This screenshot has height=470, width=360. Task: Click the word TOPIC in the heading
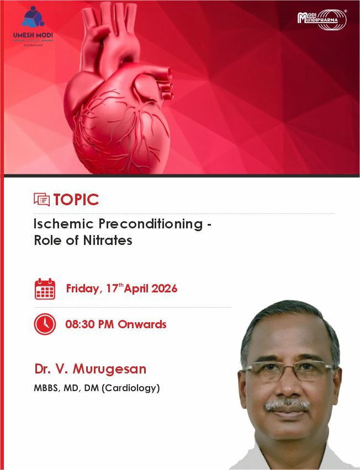(x=76, y=200)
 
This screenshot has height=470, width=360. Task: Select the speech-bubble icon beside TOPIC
(x=42, y=200)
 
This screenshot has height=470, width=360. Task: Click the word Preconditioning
(x=151, y=225)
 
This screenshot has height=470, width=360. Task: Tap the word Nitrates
(x=108, y=240)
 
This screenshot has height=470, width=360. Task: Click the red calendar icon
(x=45, y=289)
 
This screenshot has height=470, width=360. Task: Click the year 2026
(x=165, y=289)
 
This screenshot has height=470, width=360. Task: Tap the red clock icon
(x=45, y=324)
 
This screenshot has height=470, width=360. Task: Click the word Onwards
(x=142, y=324)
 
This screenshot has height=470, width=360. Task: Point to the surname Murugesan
(x=109, y=369)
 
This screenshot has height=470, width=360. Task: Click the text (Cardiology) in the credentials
(x=131, y=388)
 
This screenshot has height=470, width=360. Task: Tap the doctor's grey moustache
(x=287, y=405)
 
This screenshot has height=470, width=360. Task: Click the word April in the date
(x=136, y=289)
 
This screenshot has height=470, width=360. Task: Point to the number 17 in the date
(x=113, y=289)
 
